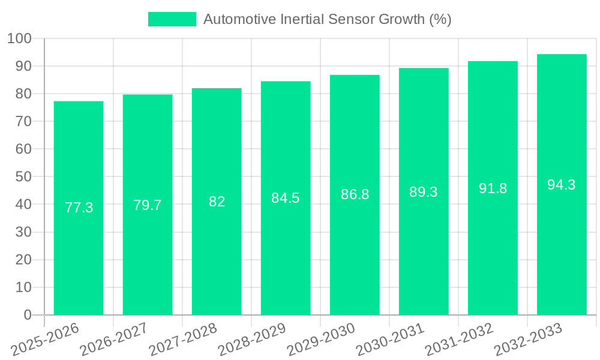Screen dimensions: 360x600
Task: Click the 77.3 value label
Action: click(x=79, y=208)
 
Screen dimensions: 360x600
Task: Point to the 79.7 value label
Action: click(x=148, y=205)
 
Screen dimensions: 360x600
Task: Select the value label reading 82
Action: click(x=217, y=202)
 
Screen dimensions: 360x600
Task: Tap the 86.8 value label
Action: click(x=355, y=194)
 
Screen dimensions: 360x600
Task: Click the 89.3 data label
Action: click(x=424, y=192)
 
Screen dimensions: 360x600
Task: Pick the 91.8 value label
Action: click(x=493, y=188)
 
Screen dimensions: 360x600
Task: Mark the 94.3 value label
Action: click(x=562, y=185)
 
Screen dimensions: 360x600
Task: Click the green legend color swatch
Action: click(x=172, y=19)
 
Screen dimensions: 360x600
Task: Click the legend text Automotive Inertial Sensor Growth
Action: click(x=327, y=19)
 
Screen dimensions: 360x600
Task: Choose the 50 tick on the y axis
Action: click(x=23, y=176)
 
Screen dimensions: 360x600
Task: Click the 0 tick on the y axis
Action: click(x=27, y=315)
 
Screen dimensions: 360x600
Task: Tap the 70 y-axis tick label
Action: click(x=23, y=121)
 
